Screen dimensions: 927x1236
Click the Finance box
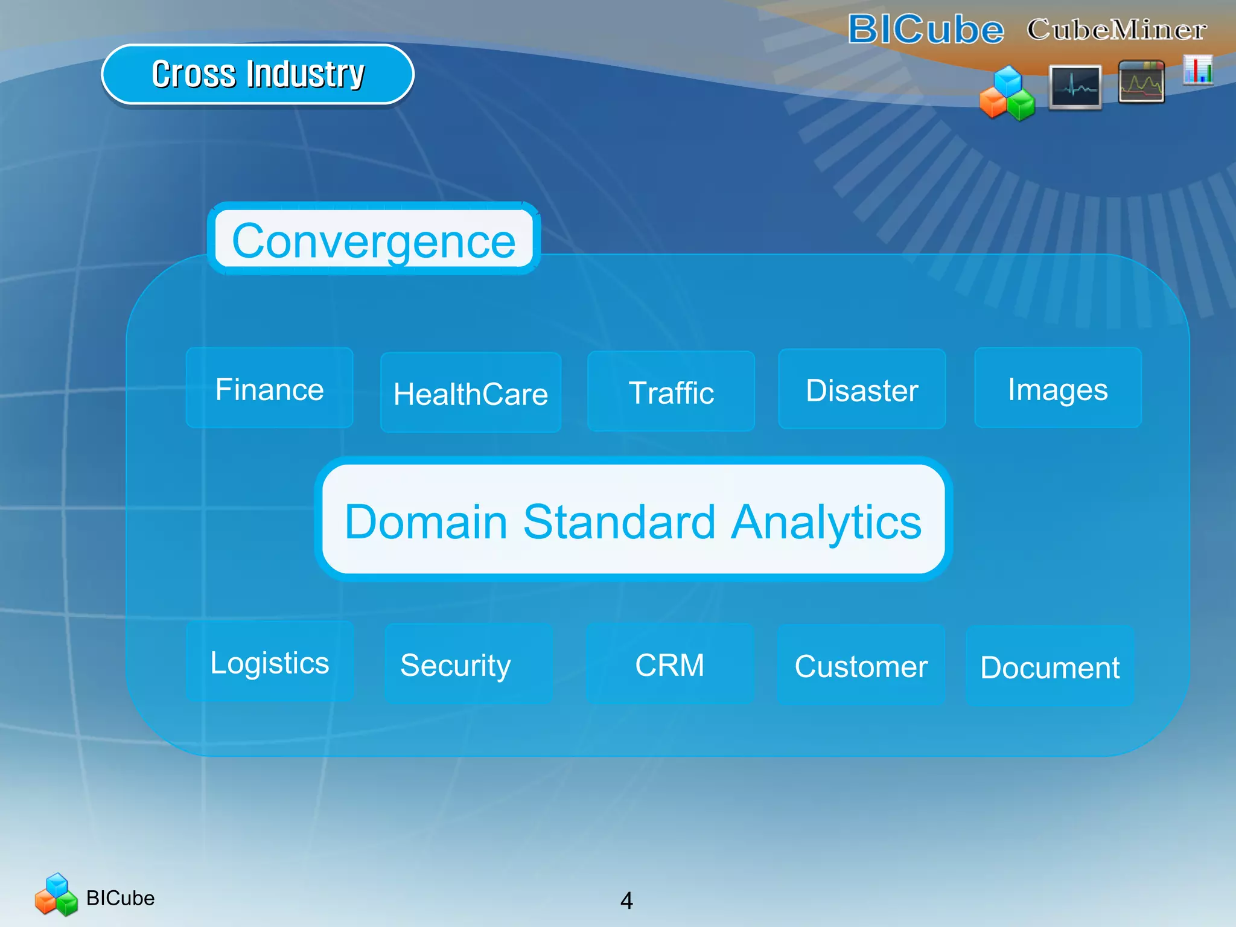tap(269, 388)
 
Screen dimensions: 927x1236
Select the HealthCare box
tap(471, 393)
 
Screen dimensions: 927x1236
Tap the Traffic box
tap(671, 392)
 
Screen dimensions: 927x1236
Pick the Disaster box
tap(862, 389)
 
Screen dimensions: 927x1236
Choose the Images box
tap(1058, 388)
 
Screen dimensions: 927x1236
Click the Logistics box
tap(270, 662)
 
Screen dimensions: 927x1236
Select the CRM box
tap(670, 664)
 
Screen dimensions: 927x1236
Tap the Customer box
tap(861, 666)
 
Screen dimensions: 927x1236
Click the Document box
tap(1050, 667)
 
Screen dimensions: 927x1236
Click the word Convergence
tap(374, 240)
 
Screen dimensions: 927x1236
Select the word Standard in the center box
tap(619, 521)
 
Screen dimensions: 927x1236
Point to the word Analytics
tap(826, 521)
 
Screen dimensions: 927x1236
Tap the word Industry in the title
tap(306, 74)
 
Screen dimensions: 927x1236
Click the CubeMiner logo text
tap(1117, 29)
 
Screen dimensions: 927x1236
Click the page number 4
tap(626, 900)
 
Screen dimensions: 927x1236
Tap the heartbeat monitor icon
tap(1075, 87)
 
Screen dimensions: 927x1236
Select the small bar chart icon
tap(1198, 70)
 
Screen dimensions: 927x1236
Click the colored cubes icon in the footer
tap(56, 895)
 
